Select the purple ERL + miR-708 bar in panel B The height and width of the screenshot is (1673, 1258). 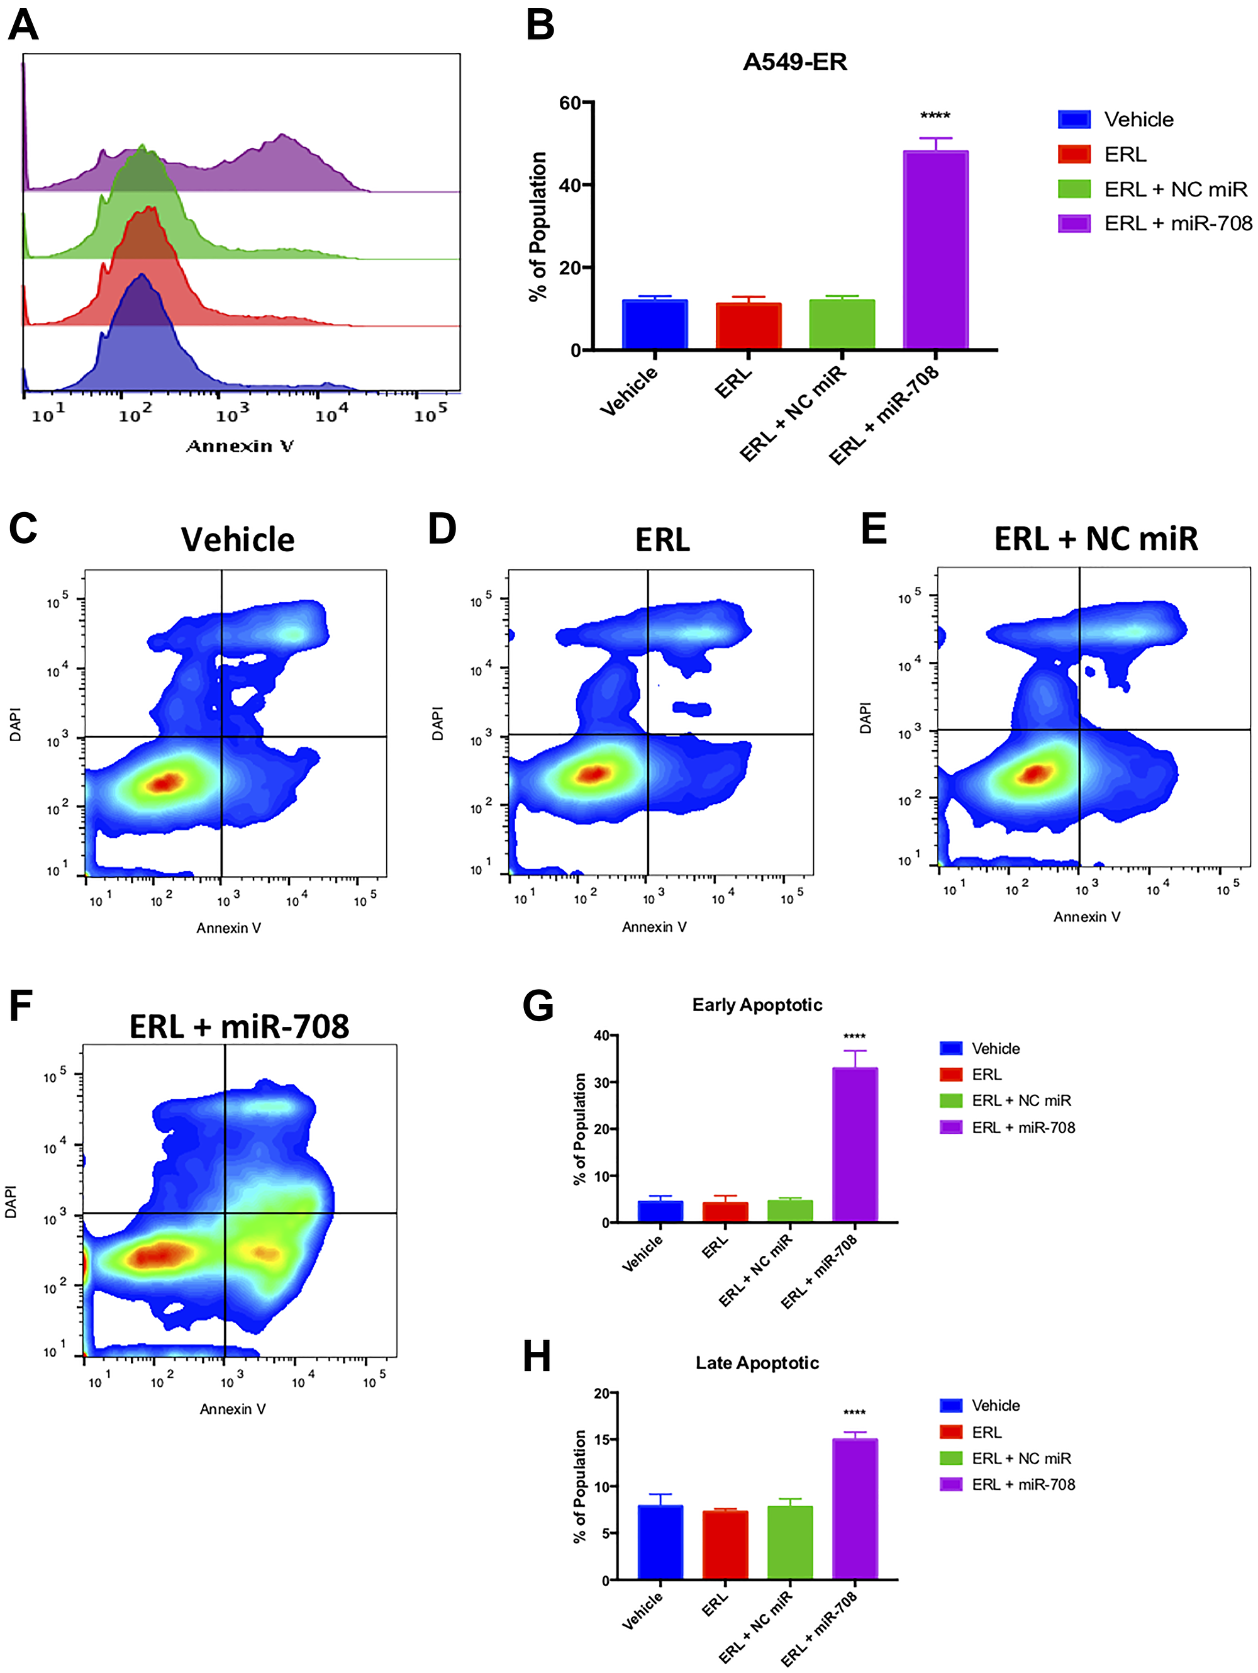click(935, 250)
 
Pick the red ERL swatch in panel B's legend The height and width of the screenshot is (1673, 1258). click(1074, 154)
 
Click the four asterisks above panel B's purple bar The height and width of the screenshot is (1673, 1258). click(935, 116)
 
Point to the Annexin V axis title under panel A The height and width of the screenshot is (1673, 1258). click(240, 445)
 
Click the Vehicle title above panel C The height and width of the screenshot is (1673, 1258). click(237, 540)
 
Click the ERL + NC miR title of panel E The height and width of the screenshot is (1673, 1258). click(1096, 539)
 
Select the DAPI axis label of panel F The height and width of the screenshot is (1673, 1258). click(11, 1201)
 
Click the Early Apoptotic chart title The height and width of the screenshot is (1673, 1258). click(757, 1005)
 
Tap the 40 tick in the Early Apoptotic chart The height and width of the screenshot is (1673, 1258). click(602, 1036)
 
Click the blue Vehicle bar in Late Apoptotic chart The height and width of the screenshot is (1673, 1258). click(660, 1542)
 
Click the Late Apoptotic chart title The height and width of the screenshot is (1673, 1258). click(757, 1363)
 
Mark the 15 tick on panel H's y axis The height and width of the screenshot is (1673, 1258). click(602, 1440)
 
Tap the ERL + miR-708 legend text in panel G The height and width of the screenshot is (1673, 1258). click(1023, 1127)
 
